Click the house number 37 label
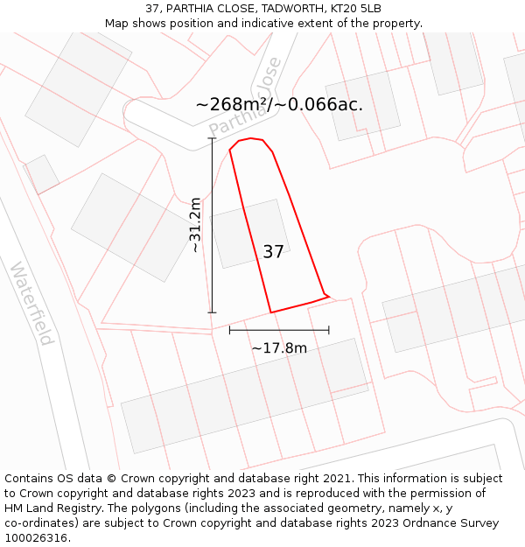pyautogui.click(x=273, y=252)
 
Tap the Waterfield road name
pyautogui.click(x=32, y=302)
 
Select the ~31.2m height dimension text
pyautogui.click(x=195, y=225)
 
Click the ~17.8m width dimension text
pyautogui.click(x=279, y=348)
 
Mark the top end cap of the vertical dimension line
pyautogui.click(x=212, y=139)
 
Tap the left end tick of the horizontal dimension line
pyautogui.click(x=230, y=330)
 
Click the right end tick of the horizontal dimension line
pyautogui.click(x=329, y=330)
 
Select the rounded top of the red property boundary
pyautogui.click(x=251, y=139)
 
